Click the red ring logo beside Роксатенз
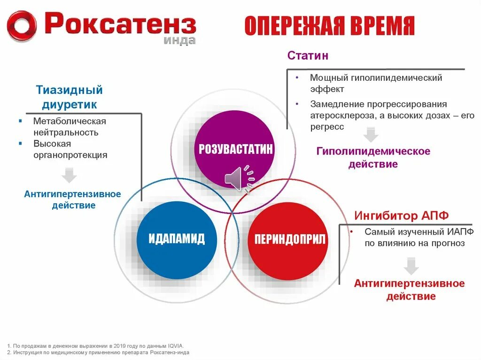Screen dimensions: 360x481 pos(22,26)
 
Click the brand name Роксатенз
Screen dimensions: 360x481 pos(120,23)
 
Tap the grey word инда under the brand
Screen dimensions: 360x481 pos(179,40)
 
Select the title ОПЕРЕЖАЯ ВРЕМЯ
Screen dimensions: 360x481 pos(329,26)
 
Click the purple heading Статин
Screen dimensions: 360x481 pos(308,56)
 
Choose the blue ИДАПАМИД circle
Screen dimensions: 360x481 pos(177,238)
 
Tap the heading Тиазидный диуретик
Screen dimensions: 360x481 pos(69,97)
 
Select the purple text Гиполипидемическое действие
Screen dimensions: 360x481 pos(373,158)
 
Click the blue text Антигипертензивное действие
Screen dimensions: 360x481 pos(73,199)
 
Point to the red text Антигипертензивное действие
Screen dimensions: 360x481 pos(409,290)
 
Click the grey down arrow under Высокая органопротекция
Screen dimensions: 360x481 pos(70,175)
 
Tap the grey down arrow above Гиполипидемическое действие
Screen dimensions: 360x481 pos(371,135)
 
